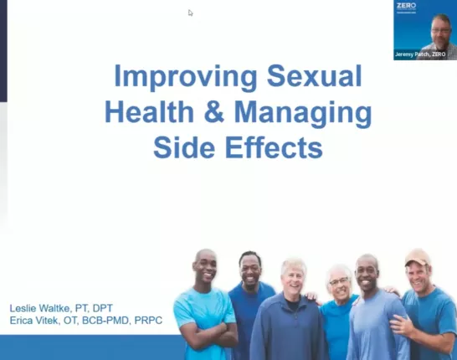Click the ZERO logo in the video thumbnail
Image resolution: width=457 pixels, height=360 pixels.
point(406,6)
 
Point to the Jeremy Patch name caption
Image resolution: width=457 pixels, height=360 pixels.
point(424,54)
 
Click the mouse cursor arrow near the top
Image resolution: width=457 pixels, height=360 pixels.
point(191,13)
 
